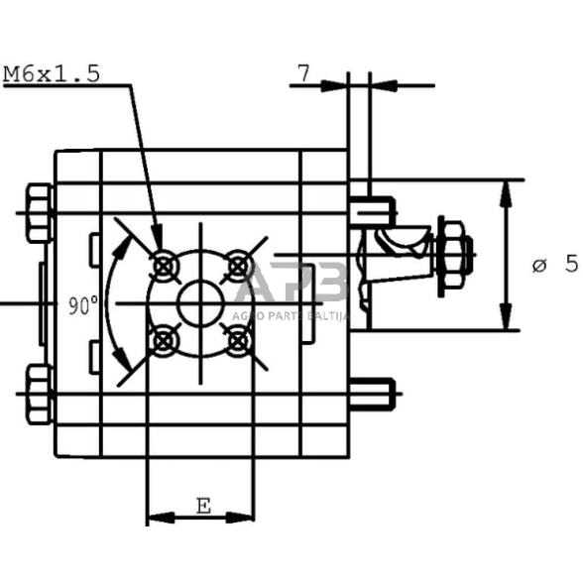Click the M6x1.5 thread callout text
52,73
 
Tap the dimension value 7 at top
302,72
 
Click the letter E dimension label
201,507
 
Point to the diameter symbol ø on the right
540,265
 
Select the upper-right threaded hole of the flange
237,265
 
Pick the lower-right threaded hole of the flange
237,340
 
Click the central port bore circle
200,302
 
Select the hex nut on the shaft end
454,255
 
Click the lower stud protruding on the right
374,394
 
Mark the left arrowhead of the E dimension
155,517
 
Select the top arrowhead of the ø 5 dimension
507,189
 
